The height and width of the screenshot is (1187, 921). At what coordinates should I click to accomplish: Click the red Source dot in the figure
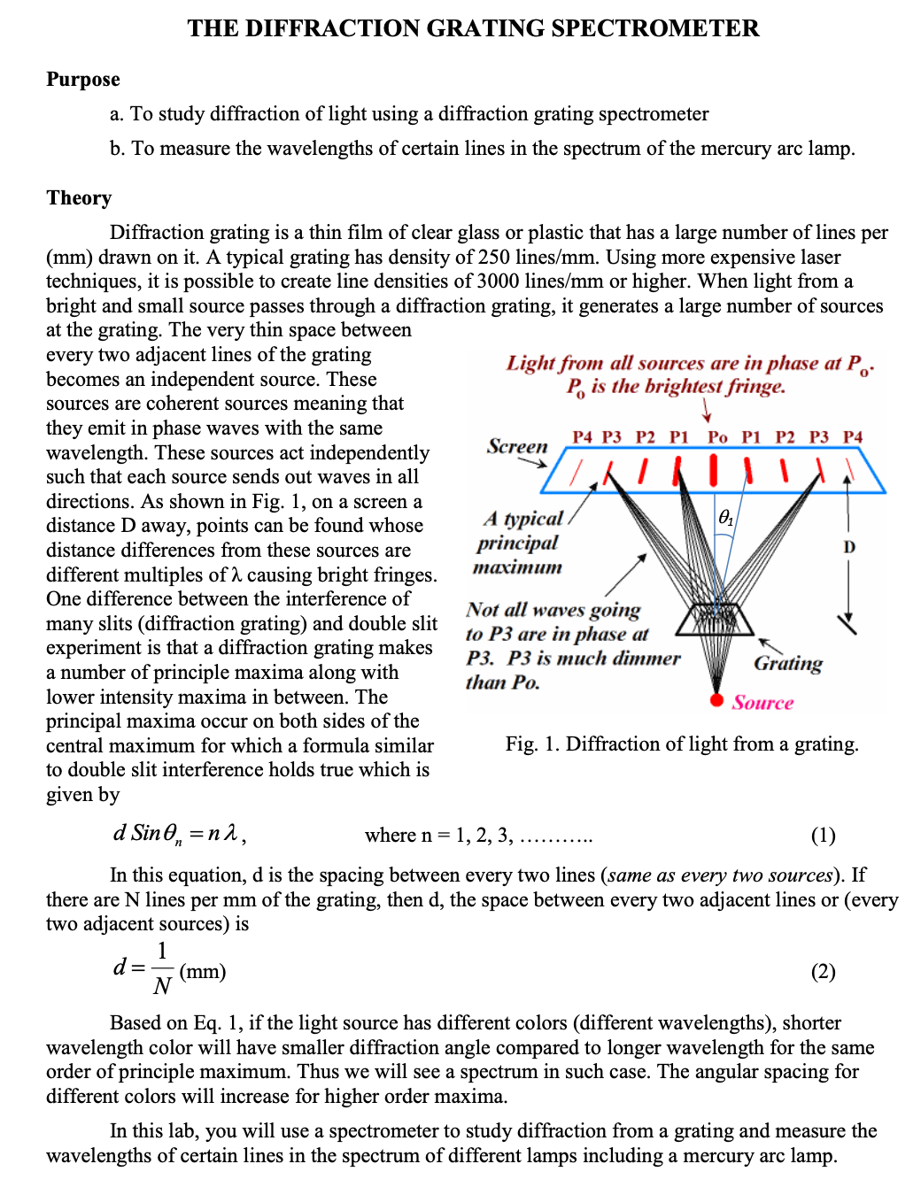tap(716, 700)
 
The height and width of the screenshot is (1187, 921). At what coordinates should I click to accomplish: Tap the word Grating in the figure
tap(787, 663)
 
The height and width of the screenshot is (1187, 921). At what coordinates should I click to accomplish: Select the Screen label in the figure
tap(517, 446)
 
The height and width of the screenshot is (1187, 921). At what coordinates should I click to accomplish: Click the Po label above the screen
tap(717, 437)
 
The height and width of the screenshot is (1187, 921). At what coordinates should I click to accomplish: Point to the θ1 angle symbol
tap(725, 516)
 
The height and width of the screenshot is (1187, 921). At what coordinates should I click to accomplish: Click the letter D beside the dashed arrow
tap(849, 547)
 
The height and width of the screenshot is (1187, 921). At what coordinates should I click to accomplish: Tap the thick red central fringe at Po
tap(713, 470)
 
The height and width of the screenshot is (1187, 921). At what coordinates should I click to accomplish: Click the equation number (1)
tap(823, 835)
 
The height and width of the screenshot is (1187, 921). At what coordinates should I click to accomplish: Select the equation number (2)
tap(823, 971)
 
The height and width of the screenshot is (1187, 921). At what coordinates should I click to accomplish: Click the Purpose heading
tap(83, 80)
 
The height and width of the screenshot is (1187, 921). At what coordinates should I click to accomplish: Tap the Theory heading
tap(79, 197)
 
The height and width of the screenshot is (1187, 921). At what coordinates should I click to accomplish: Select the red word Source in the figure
tap(762, 703)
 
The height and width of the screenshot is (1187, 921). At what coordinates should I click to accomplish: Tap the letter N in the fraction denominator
tap(162, 986)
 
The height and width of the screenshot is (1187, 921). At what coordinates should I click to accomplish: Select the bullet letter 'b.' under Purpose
tap(118, 148)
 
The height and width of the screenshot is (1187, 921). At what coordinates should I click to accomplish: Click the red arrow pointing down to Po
tap(706, 410)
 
